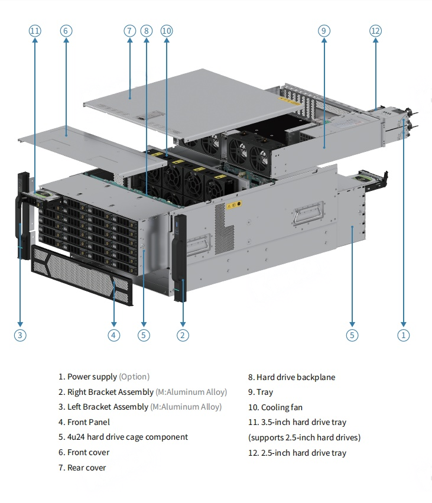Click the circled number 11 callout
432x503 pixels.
35,31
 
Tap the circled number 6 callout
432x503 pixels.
66,31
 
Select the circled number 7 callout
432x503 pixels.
130,31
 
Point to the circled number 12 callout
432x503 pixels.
375,31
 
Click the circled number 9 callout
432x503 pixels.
324,31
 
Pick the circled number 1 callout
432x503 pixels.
404,335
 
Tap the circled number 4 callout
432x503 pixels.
114,335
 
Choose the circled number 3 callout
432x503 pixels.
20,335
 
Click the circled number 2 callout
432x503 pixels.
183,335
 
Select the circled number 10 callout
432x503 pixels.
166,31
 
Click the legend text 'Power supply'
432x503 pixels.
92,377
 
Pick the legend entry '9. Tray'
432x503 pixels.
261,392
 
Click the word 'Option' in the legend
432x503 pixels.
134,377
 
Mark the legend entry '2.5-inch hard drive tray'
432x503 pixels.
297,453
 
